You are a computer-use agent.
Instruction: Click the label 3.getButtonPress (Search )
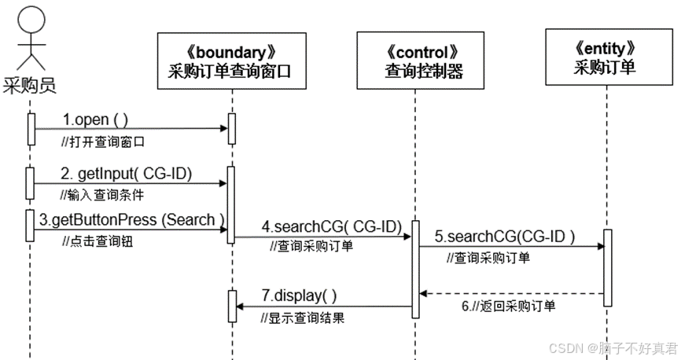click(x=132, y=220)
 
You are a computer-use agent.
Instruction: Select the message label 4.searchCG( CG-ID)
click(x=332, y=227)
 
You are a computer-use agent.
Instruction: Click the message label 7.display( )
click(x=299, y=296)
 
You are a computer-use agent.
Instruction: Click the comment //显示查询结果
click(x=303, y=318)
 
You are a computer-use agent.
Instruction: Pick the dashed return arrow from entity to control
click(x=511, y=293)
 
